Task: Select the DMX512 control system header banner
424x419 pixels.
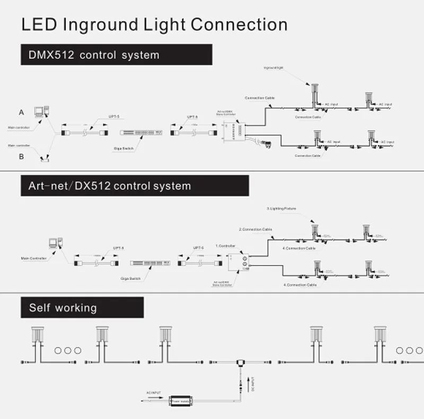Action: (116, 54)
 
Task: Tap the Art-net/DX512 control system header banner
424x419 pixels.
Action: (135, 186)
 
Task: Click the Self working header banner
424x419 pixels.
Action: (82, 307)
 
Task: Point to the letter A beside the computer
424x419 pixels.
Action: (21, 113)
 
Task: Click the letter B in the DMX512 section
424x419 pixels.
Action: (21, 156)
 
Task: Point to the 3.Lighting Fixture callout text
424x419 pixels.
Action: (281, 209)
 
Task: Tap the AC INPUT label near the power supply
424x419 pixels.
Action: (154, 394)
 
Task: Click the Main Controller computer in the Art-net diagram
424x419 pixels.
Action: (55, 243)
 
